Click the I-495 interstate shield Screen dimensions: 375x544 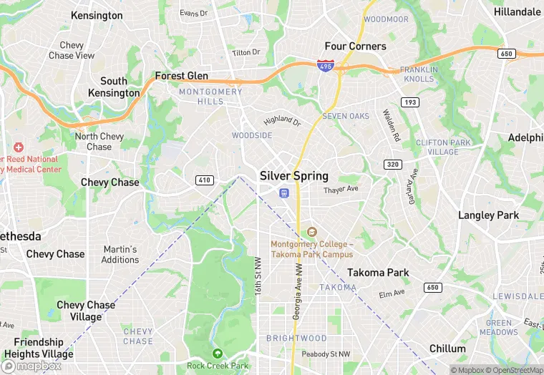[324, 66]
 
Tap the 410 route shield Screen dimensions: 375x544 [205, 180]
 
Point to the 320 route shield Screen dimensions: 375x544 [392, 164]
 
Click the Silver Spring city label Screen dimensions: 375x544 [294, 175]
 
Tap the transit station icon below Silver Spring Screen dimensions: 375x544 [284, 193]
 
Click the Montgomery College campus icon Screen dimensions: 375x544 [311, 232]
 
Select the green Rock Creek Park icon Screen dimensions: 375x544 [218, 353]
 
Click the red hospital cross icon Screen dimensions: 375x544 [19, 147]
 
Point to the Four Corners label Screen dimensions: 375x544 [356, 47]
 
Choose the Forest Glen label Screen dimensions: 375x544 [182, 76]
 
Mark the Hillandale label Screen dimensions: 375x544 [518, 12]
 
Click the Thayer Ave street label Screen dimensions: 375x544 [341, 190]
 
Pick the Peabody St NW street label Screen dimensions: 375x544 [326, 354]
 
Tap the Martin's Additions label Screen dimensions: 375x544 [120, 254]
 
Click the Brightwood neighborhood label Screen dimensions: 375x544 [296, 338]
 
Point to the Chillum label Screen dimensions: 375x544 [448, 349]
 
